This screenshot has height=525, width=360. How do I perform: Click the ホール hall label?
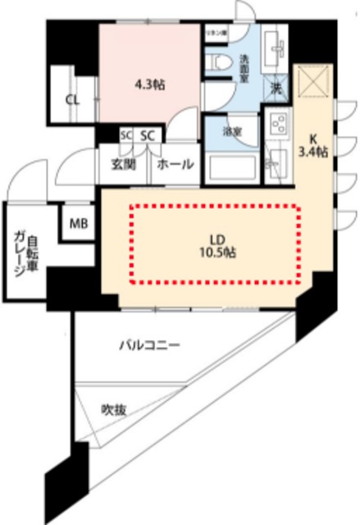[175, 165]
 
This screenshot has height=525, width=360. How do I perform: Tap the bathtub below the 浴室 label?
[232, 167]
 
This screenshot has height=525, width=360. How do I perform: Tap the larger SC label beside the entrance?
[149, 135]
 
